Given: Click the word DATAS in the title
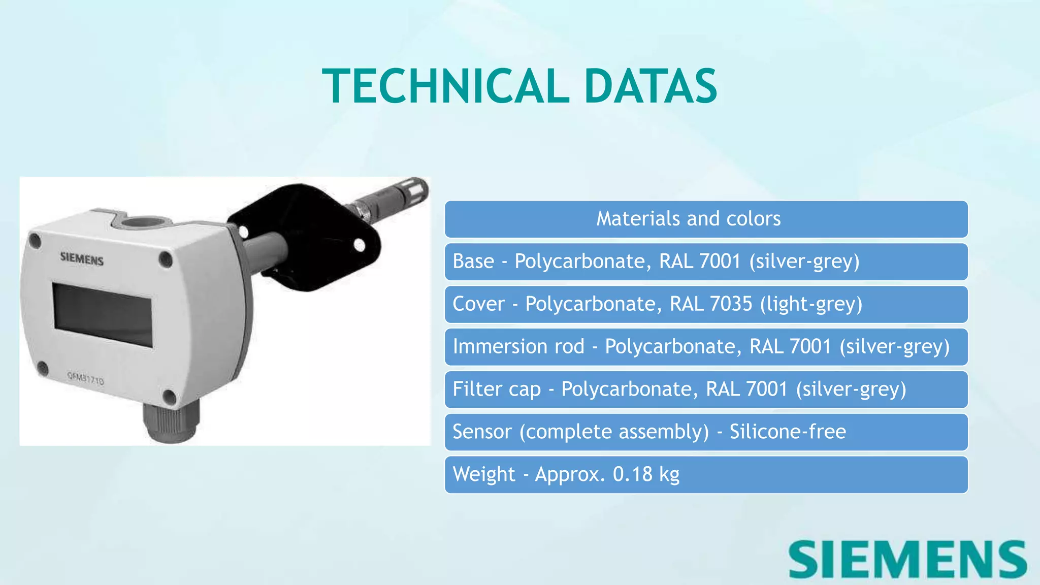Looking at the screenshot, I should (x=651, y=86).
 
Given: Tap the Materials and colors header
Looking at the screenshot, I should (x=688, y=219).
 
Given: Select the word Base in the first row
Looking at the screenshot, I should (x=473, y=262).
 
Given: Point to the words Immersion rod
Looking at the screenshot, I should (x=518, y=347).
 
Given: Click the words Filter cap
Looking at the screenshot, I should (x=496, y=389).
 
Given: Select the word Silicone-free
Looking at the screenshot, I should (x=788, y=432).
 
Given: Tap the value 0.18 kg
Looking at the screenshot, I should (x=646, y=474).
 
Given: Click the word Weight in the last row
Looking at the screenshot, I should (x=483, y=474).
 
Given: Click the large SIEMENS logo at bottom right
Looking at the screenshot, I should (x=907, y=560).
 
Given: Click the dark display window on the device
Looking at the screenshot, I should (x=103, y=315).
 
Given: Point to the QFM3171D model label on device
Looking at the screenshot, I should (x=85, y=378).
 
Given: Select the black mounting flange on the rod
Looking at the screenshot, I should (x=305, y=236).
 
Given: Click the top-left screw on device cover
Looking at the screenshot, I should (x=35, y=240).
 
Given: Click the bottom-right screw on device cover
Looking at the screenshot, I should (x=169, y=398).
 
